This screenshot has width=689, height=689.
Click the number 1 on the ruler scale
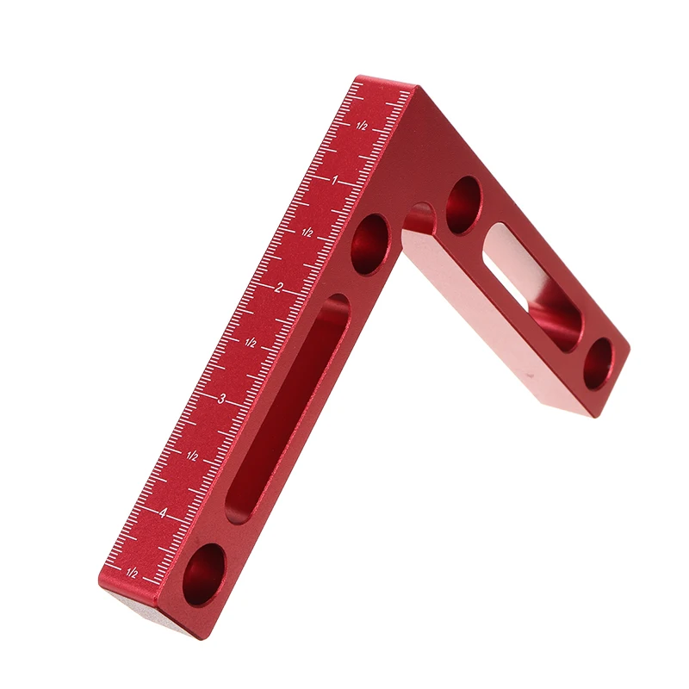click(335, 180)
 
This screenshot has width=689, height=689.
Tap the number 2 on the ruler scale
click(277, 288)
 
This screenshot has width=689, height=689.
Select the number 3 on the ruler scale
click(221, 399)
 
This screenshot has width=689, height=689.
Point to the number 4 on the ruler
click(163, 512)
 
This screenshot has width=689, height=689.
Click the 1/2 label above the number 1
click(362, 126)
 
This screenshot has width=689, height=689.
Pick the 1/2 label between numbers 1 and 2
click(307, 233)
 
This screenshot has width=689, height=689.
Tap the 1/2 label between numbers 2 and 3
click(250, 343)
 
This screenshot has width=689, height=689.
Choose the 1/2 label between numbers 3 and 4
click(191, 456)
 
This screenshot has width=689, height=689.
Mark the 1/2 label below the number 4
click(132, 573)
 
